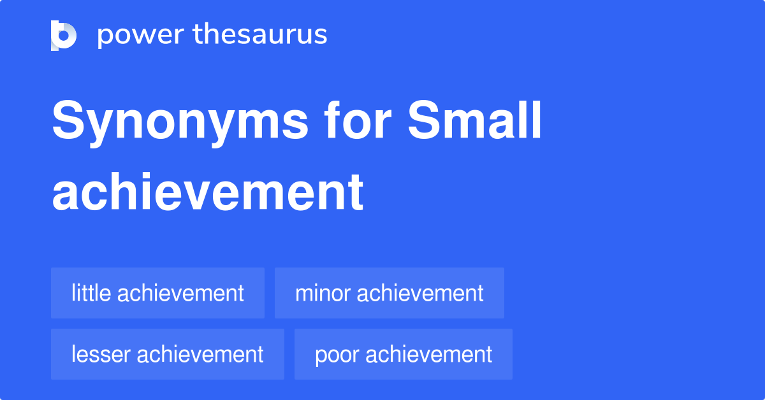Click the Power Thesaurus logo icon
pos(64,35)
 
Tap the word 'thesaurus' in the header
pos(261,35)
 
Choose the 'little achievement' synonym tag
pos(157,293)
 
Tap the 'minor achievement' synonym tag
pos(389,293)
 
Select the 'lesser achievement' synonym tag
pos(167,354)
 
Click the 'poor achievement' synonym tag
pos(403,354)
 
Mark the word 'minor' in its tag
pos(323,293)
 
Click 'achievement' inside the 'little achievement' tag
pos(181,293)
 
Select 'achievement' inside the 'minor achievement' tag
pos(420,293)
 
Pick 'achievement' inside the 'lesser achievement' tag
pos(201,354)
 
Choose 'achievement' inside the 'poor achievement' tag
pos(430,354)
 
